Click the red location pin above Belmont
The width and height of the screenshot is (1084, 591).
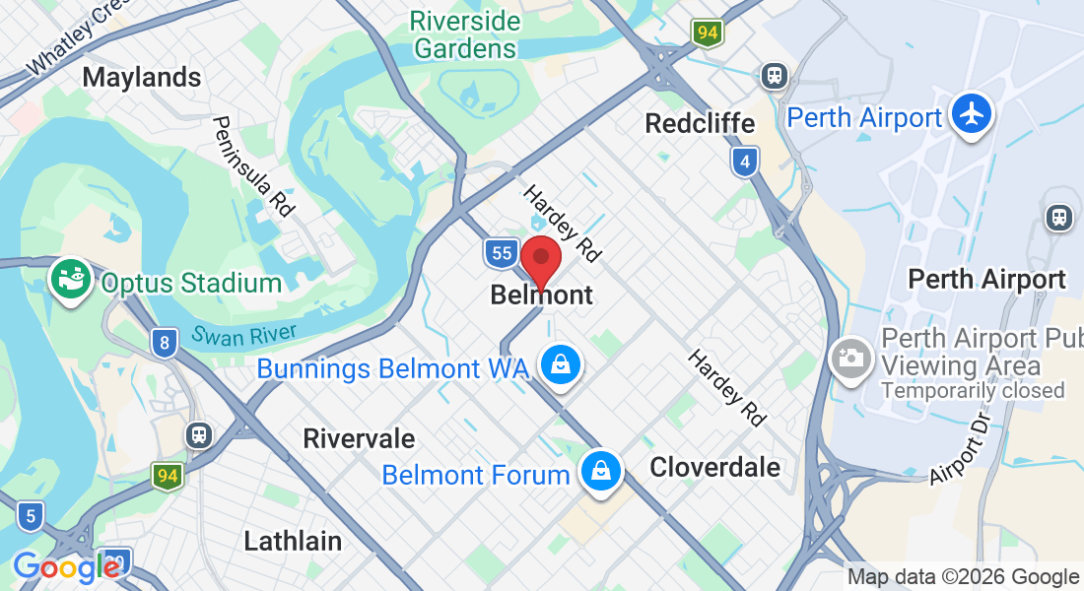click(x=540, y=260)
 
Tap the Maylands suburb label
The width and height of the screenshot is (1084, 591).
click(x=142, y=77)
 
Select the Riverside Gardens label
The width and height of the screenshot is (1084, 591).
click(x=465, y=34)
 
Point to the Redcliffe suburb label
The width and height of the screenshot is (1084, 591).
click(x=700, y=123)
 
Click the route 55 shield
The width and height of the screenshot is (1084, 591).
click(x=502, y=253)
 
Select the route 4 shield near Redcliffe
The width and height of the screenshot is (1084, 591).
click(x=746, y=162)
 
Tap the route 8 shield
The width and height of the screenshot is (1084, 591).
click(x=165, y=343)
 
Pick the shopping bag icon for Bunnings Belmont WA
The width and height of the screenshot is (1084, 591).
click(x=561, y=364)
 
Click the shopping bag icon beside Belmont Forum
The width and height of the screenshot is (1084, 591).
click(x=600, y=472)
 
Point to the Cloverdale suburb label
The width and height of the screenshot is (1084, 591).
click(x=714, y=467)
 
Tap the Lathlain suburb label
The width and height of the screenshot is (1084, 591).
click(x=293, y=540)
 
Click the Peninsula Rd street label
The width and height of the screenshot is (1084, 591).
click(x=254, y=165)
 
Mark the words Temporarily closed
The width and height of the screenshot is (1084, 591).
click(x=973, y=390)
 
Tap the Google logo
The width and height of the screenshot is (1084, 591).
click(x=67, y=568)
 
